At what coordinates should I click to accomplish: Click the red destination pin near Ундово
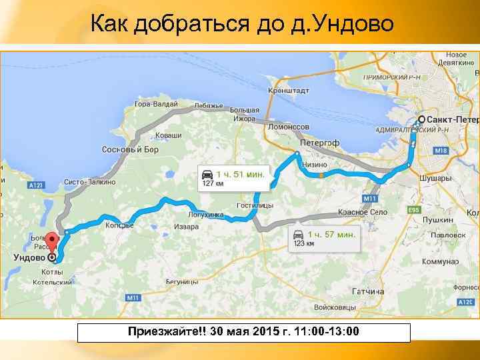pos(52,241)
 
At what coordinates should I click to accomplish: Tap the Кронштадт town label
pos(287,91)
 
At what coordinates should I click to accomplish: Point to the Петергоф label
pos(319,143)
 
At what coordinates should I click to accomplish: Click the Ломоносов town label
pos(289,127)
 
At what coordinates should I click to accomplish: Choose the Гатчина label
pos(367,291)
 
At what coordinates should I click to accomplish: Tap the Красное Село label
pos(363,212)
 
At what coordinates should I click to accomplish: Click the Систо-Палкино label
pos(90,182)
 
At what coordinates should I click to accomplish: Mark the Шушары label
pos(435,178)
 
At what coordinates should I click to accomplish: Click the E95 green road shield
pos(413,210)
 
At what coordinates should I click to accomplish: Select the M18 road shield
pos(441,151)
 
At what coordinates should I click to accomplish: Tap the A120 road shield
pos(465,302)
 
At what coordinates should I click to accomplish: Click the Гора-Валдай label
pos(156,104)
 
